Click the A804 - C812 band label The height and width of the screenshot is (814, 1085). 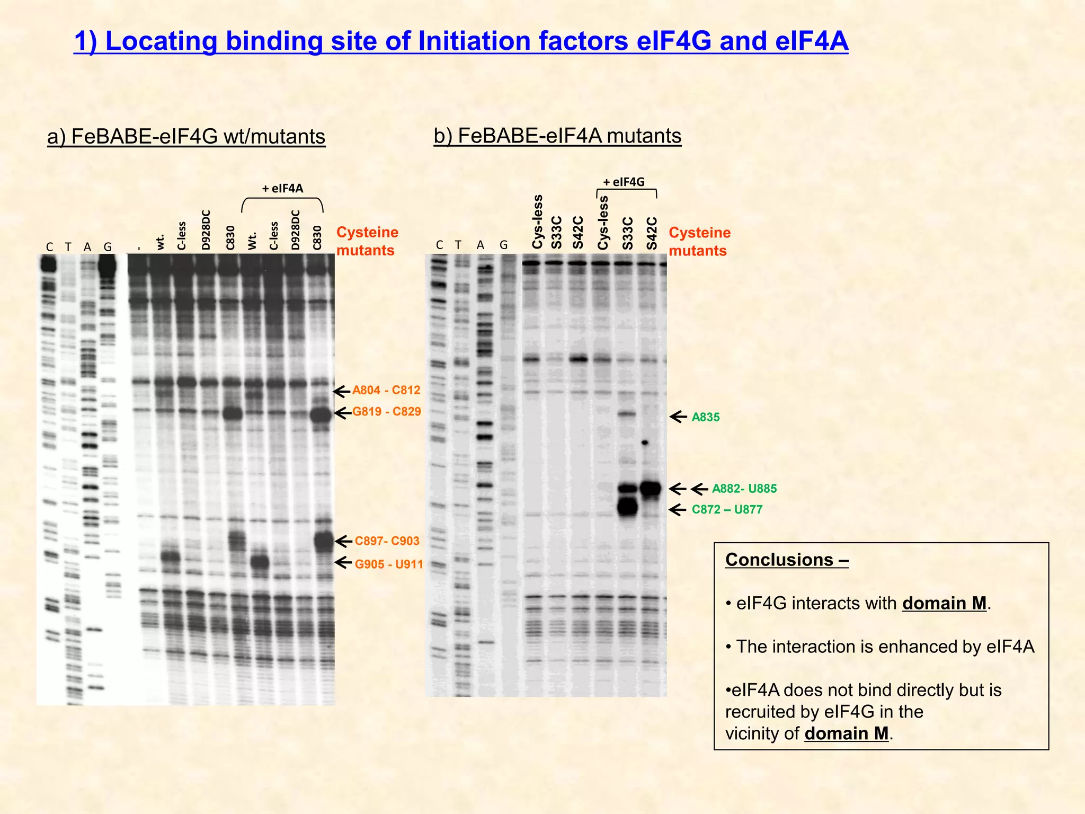(386, 391)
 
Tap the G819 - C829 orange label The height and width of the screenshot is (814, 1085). (386, 412)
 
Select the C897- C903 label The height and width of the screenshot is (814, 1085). (387, 541)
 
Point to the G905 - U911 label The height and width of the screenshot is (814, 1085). (389, 564)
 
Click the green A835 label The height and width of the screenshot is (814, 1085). (705, 418)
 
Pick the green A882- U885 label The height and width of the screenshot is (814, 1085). (744, 489)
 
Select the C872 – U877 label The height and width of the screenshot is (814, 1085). (727, 510)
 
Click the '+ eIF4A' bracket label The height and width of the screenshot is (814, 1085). (282, 189)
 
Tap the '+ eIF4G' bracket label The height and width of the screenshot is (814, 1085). (624, 182)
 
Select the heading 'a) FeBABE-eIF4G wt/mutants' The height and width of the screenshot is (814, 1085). (186, 137)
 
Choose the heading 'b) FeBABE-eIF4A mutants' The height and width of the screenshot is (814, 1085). (557, 136)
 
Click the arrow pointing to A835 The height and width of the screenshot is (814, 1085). (679, 417)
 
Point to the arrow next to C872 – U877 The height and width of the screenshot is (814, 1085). (678, 510)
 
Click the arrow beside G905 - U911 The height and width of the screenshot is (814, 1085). (343, 562)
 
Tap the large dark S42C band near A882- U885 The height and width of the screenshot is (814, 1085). (651, 489)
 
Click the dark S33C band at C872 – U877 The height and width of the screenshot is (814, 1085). (627, 507)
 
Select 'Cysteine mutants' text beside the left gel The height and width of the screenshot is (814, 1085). (367, 241)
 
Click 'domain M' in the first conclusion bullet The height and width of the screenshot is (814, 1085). (944, 604)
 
